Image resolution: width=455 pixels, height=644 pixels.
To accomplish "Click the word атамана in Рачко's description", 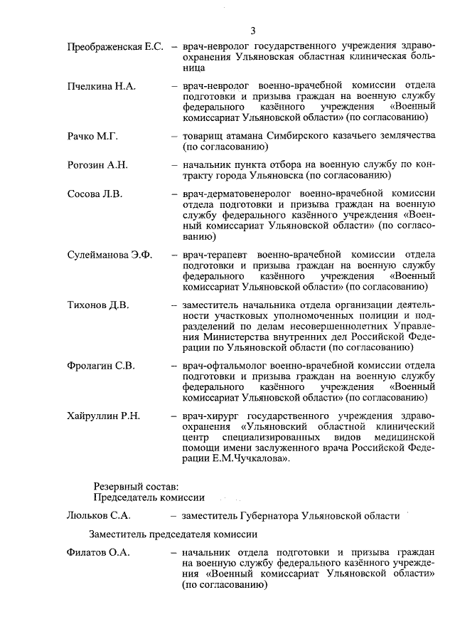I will click(x=247, y=136).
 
